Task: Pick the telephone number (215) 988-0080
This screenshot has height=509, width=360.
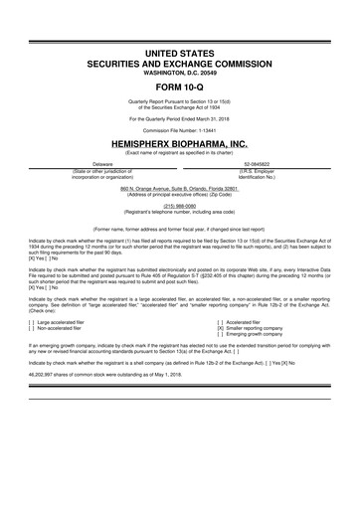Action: (x=180, y=206)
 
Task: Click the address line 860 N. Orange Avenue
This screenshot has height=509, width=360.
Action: (x=180, y=187)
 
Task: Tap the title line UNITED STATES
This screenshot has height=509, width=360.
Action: (x=180, y=50)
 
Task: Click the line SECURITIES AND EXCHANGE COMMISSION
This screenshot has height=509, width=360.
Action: (x=180, y=61)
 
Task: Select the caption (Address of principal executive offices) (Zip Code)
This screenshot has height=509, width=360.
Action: (x=180, y=193)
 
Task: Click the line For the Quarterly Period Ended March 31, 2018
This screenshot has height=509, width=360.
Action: (x=180, y=118)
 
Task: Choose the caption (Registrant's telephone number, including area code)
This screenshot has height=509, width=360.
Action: (x=180, y=212)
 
